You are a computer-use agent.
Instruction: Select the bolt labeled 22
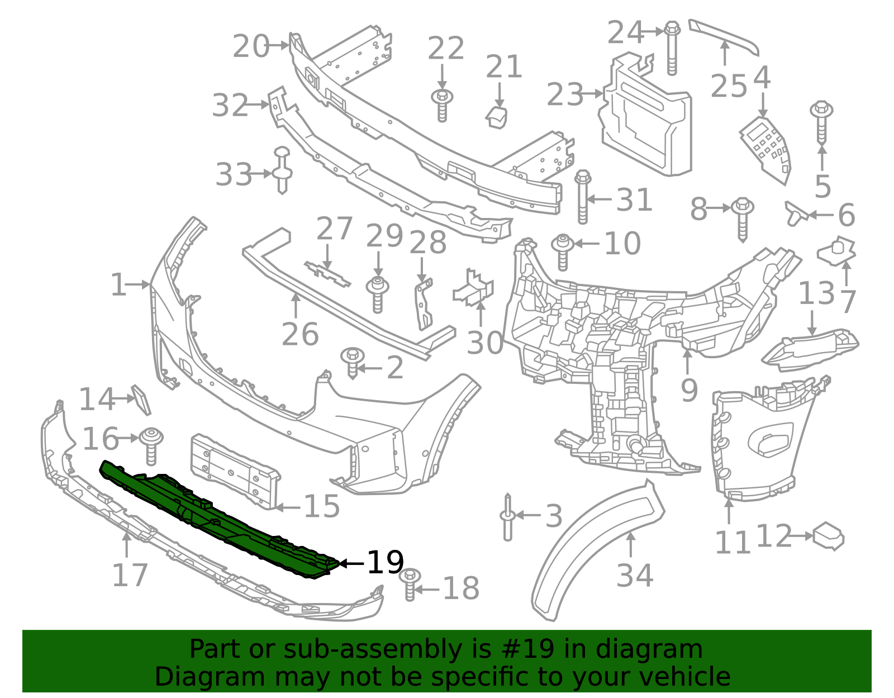(442, 105)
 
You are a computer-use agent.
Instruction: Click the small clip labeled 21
(496, 117)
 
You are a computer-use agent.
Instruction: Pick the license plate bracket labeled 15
(235, 471)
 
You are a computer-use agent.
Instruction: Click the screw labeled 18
(411, 584)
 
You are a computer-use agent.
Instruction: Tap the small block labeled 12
(829, 536)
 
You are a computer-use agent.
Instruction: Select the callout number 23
(564, 94)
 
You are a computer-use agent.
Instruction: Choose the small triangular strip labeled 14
(141, 400)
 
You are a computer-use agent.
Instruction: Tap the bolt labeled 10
(563, 252)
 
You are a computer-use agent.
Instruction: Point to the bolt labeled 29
(378, 294)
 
